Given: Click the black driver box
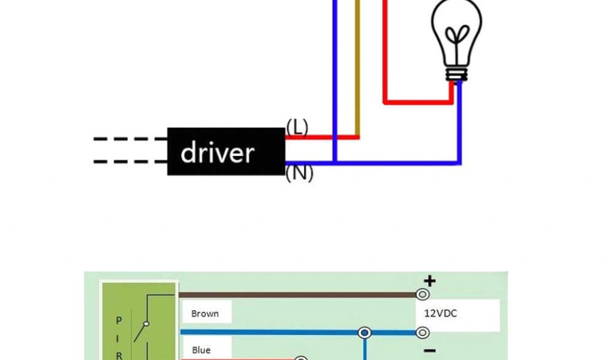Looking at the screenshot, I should point(225,151).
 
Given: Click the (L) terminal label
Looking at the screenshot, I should point(297,127).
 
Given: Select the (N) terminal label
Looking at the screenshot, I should point(299,173).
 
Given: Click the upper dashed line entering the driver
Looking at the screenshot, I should point(130,139).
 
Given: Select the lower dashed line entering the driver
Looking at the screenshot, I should point(130,161).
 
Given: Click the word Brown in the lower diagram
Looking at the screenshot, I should point(205,313).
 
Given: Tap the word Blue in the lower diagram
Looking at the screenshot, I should point(201,350).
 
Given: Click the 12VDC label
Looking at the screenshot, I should point(441,313).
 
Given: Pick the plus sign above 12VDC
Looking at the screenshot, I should point(429,280).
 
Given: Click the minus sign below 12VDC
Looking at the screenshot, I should point(430,350).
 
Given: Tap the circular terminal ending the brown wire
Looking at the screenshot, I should point(423,295).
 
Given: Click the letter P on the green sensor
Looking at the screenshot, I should point(118,320).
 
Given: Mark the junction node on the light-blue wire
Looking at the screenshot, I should point(364,332).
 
